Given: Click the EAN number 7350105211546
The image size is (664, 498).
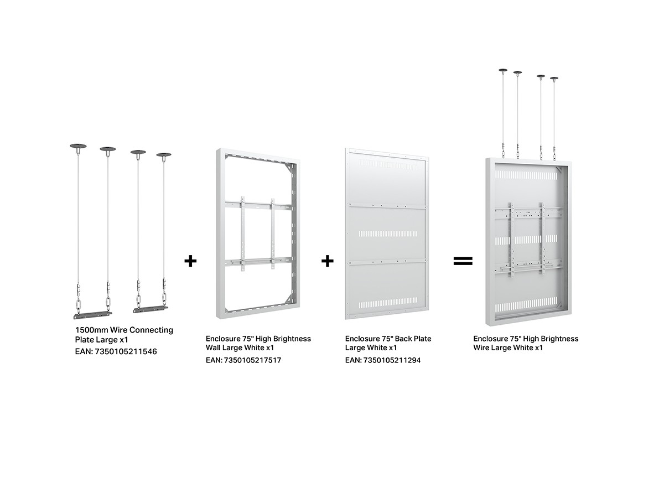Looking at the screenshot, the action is pyautogui.click(x=126, y=351).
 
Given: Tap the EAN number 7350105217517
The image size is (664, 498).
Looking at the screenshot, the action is pyautogui.click(x=252, y=360).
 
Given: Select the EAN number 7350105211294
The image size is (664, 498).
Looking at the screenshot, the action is pyautogui.click(x=392, y=360).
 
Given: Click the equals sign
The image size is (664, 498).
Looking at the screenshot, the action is pyautogui.click(x=463, y=261).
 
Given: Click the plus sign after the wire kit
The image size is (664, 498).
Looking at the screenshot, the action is pyautogui.click(x=190, y=261).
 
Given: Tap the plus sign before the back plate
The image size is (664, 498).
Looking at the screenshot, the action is pyautogui.click(x=328, y=261).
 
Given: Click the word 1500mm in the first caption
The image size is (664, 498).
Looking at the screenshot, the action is pyautogui.click(x=92, y=330).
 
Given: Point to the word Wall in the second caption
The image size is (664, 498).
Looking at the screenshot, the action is pyautogui.click(x=213, y=347).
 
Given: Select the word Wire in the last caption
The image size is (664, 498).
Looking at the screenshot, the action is pyautogui.click(x=481, y=347).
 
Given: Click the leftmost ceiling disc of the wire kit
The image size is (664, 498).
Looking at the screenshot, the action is pyautogui.click(x=78, y=146).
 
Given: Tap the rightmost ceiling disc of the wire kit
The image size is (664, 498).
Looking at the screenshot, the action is pyautogui.click(x=164, y=155).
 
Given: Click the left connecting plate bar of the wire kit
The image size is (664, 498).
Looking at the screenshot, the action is pyautogui.click(x=92, y=315).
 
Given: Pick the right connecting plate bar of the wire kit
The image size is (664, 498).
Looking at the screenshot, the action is pyautogui.click(x=151, y=309).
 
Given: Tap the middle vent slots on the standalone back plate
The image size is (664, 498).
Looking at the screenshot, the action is pyautogui.click(x=388, y=234).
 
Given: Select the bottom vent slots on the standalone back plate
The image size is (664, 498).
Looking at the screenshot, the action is pyautogui.click(x=388, y=302).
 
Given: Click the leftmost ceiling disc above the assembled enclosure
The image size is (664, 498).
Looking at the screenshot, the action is pyautogui.click(x=503, y=70).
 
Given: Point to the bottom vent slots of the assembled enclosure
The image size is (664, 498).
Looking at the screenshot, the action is pyautogui.click(x=526, y=304).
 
